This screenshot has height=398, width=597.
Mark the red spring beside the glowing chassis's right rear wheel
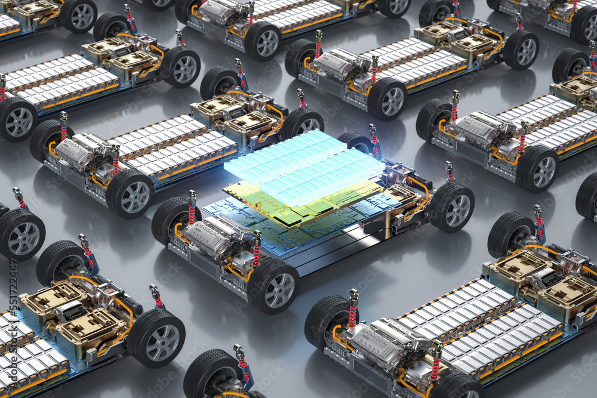point(449,173)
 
